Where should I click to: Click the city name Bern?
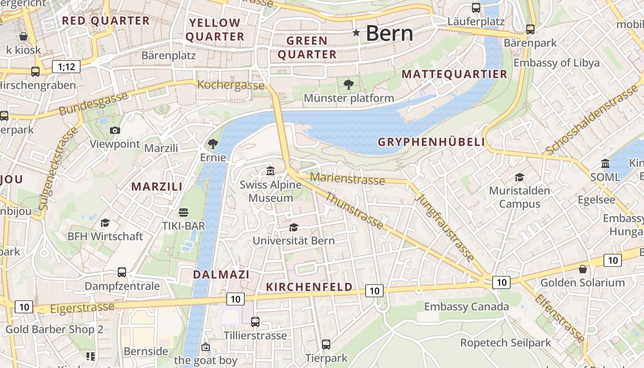[389, 33]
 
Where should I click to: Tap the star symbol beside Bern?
[356, 33]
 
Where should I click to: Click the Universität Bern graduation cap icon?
[293, 227]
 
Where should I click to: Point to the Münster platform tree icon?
[349, 84]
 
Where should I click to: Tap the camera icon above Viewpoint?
[115, 131]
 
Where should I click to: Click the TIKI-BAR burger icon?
[184, 213]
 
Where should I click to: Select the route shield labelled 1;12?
[66, 67]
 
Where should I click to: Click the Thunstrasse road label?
[354, 211]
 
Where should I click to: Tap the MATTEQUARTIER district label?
[454, 74]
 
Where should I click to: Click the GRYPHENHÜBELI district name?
[431, 142]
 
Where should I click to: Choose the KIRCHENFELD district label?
[309, 287]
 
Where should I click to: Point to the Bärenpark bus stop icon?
[530, 29]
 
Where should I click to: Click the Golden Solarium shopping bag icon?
[583, 269]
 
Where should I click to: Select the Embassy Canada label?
[466, 307]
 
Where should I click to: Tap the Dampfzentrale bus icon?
[122, 272]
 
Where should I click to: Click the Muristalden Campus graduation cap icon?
[519, 177]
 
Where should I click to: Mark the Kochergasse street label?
[230, 85]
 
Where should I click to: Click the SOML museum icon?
[605, 164]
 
